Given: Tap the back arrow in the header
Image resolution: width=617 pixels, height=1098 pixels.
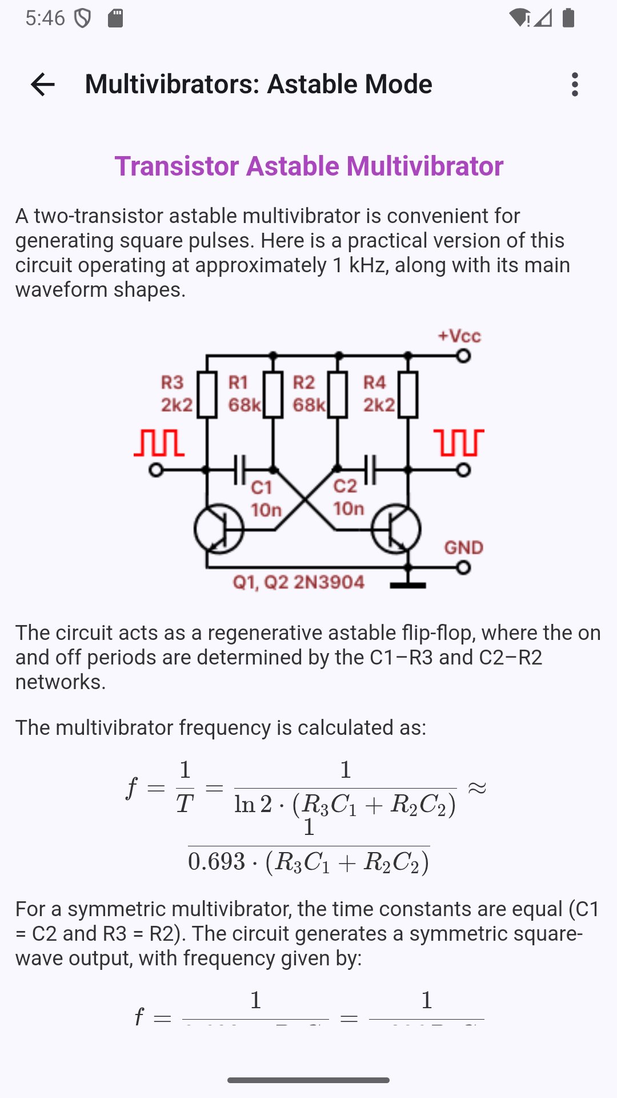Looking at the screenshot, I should click(43, 85).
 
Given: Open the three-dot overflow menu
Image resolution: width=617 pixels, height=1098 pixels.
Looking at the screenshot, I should click(575, 85).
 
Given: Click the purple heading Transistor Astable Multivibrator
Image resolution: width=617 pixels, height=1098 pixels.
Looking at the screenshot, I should click(308, 166).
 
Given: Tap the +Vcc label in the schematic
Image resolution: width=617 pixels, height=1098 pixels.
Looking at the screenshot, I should click(459, 336).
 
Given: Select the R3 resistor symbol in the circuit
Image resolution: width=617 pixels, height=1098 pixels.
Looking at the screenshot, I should click(207, 394).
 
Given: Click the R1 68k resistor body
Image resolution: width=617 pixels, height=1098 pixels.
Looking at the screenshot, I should click(273, 394).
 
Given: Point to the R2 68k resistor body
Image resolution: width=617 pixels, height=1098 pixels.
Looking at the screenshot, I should click(338, 394).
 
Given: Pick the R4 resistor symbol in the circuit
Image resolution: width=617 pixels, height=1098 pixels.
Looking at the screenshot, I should click(408, 394).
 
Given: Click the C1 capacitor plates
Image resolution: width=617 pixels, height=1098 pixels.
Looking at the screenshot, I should click(239, 470).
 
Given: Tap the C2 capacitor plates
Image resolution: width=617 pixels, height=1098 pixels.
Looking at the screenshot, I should click(370, 470).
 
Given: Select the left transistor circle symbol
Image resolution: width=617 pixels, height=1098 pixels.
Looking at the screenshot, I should click(219, 529).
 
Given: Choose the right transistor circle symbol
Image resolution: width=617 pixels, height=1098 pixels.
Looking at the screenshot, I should click(396, 529).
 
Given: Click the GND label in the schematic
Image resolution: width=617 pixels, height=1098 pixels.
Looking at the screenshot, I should click(464, 547).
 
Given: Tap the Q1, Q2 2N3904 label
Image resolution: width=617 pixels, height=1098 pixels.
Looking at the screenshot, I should click(298, 582).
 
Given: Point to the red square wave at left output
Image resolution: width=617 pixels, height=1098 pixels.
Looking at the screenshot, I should click(159, 443).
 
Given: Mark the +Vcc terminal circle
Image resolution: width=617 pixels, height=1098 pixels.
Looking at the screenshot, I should click(463, 356).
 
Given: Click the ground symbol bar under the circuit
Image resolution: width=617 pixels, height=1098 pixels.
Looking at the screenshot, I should click(408, 585).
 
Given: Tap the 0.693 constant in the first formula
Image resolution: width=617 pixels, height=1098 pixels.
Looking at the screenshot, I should click(217, 862).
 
